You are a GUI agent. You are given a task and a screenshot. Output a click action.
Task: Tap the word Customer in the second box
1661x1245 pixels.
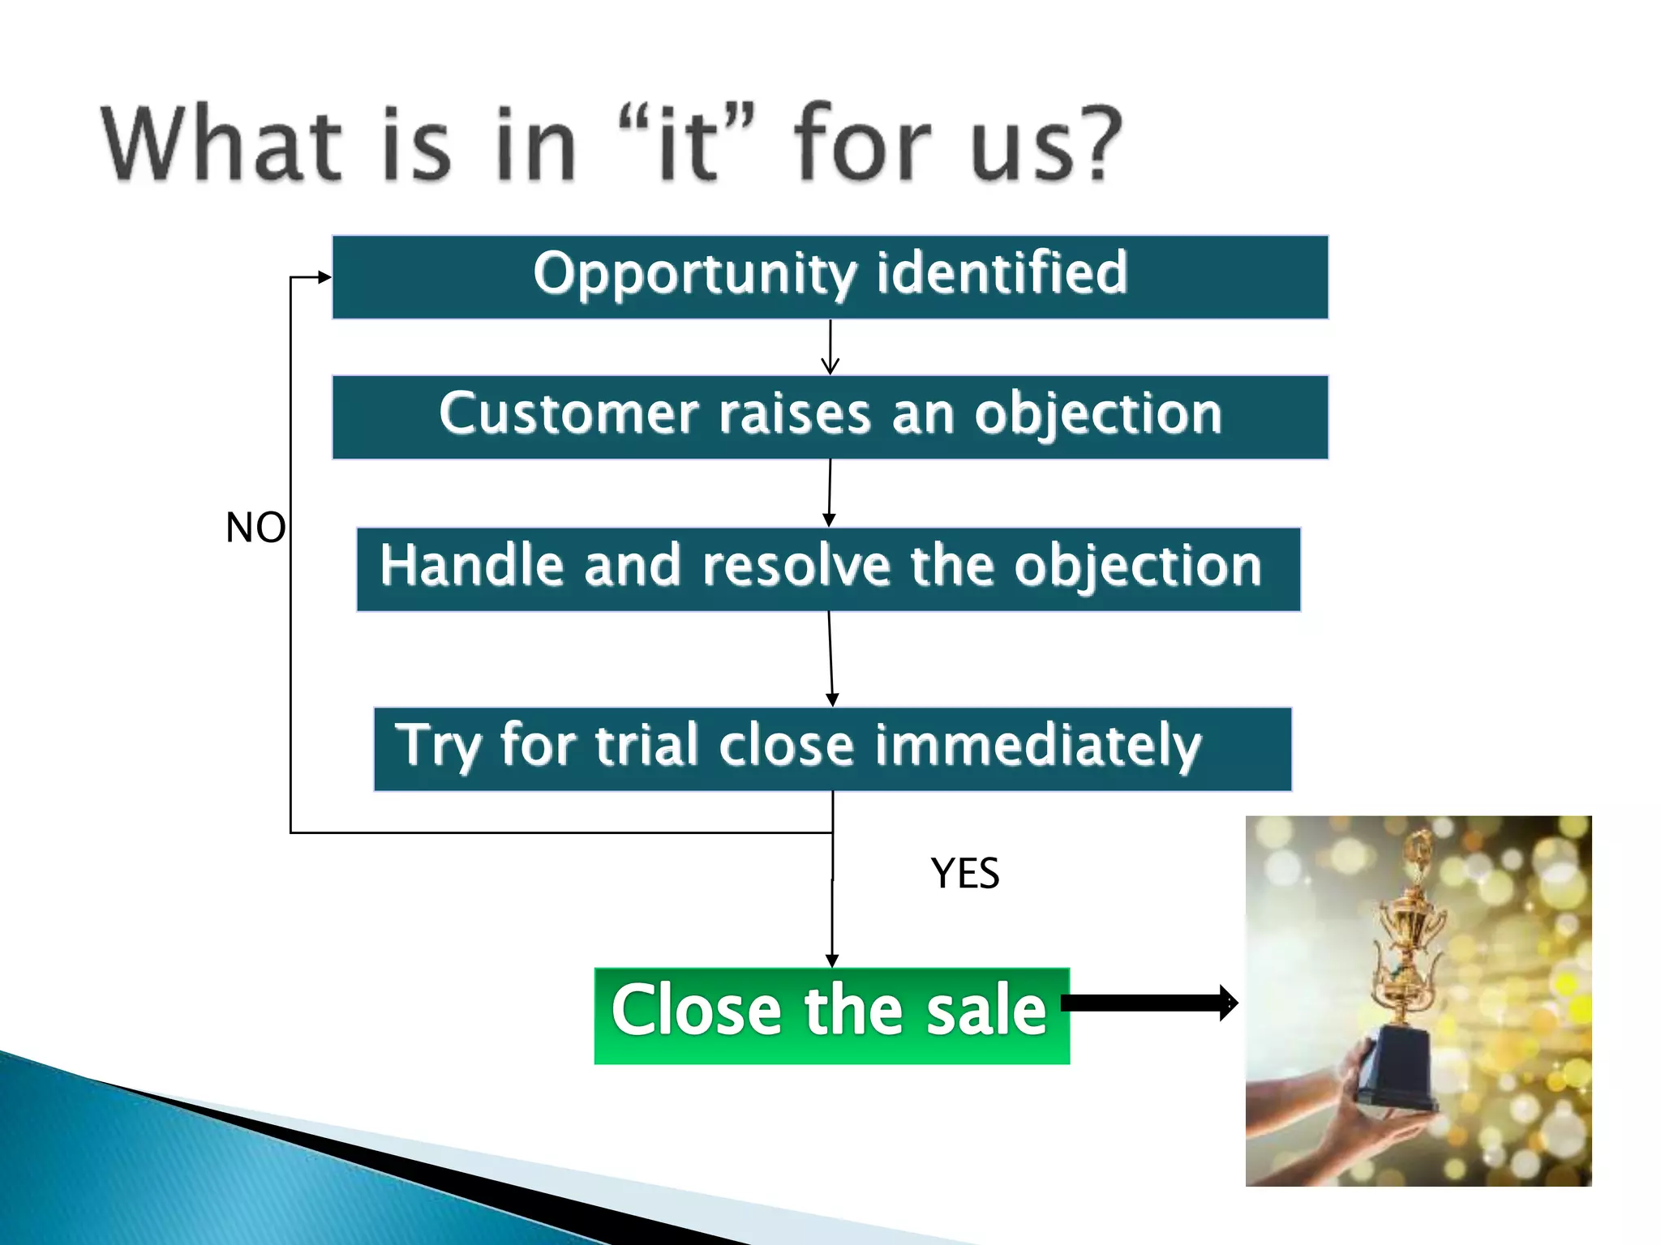pos(568,414)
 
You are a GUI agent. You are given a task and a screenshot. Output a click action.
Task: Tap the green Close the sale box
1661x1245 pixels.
pos(831,1015)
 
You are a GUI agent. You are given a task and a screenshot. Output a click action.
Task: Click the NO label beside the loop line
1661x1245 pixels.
pos(255,528)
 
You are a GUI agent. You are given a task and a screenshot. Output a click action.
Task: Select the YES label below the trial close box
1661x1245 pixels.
pos(964,874)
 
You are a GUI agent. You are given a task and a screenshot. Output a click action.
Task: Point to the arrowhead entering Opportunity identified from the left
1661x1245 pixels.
pos(324,277)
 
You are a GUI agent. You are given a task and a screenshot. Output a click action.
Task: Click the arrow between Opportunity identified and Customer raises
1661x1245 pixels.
pos(830,347)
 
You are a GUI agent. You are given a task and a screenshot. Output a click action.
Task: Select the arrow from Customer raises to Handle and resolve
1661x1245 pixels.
pos(829,493)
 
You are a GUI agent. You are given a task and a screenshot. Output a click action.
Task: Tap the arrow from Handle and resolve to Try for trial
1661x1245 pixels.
pos(830,658)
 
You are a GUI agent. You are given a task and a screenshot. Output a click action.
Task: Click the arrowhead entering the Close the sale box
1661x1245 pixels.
pos(831,960)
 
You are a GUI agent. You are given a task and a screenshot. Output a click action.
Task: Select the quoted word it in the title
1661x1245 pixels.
pos(687,147)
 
